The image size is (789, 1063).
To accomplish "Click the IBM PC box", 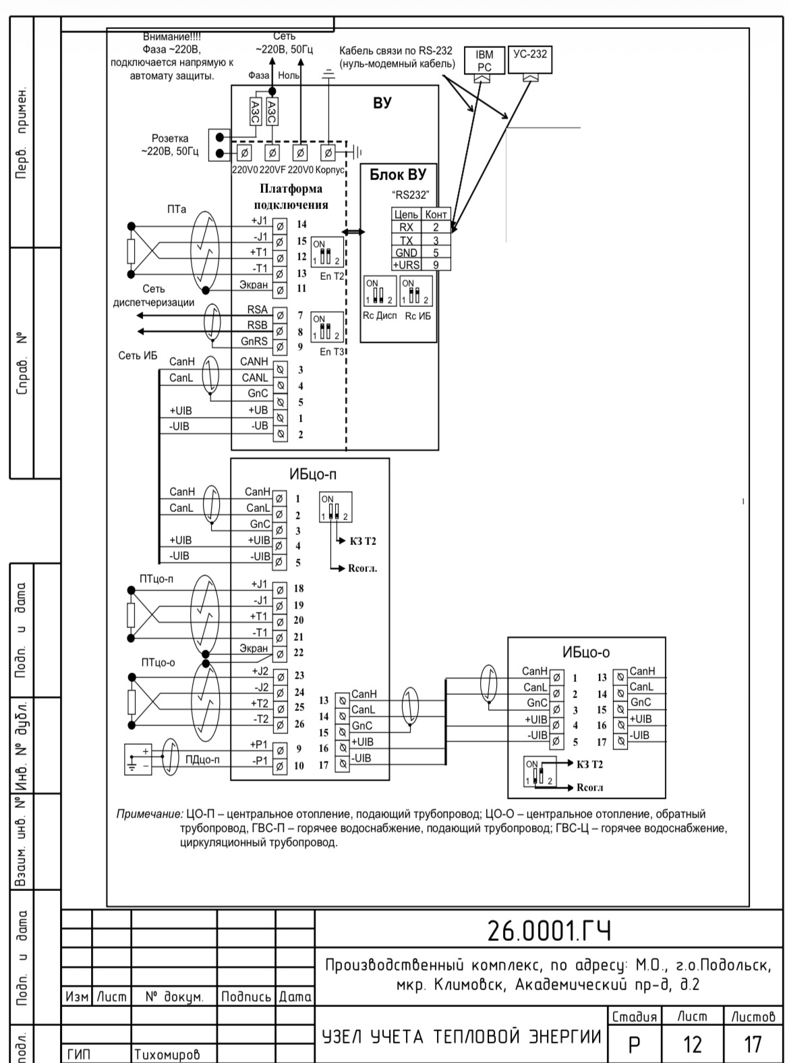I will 484,61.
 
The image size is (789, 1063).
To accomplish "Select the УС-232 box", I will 530,59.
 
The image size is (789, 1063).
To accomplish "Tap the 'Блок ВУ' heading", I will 398,175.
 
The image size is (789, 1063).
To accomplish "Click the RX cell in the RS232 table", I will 406,227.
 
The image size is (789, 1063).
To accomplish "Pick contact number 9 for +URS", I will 436,265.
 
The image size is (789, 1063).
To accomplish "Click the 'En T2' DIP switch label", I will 332,277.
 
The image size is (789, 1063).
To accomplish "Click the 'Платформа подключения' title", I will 291,196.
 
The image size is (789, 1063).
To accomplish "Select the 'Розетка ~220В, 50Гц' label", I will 170,145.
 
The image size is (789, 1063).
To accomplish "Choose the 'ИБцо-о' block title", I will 586,652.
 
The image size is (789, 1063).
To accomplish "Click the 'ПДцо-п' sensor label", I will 202,760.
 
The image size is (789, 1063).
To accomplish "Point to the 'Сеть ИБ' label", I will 138,355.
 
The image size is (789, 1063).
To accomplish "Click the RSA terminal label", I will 258,310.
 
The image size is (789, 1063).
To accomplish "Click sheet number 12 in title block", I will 693,1044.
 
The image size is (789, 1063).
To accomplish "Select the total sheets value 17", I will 752,1044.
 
